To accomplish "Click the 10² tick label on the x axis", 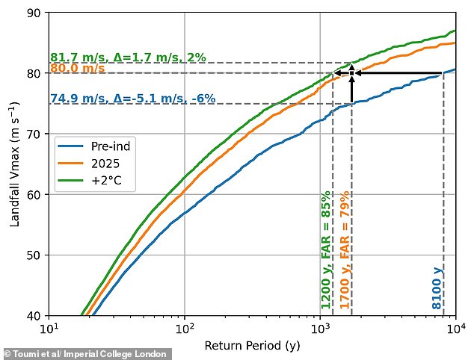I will (185, 329).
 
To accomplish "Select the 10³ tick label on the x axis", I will (320, 329).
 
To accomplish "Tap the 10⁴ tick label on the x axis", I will (455, 329).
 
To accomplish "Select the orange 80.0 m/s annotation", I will (78, 69).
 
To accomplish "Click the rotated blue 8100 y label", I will (437, 288).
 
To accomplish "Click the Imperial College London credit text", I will (88, 354).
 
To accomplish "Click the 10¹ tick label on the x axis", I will (49, 329).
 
